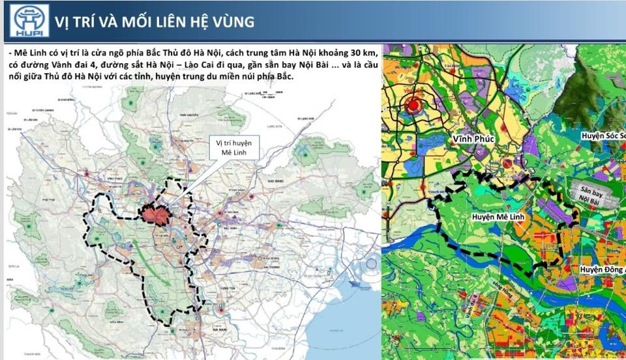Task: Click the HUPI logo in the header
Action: tap(29, 20)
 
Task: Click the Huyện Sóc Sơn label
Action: tap(603, 136)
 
